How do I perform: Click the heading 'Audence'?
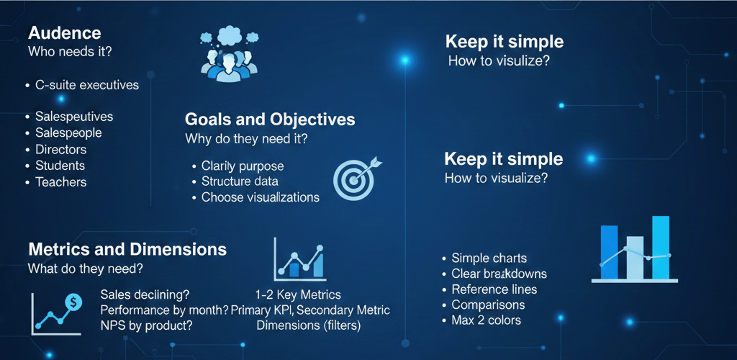coord(64,33)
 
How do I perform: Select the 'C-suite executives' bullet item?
coord(86,85)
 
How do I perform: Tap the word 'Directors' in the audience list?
coord(61,150)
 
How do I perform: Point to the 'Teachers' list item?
coord(61,182)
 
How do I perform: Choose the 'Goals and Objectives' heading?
coord(270,120)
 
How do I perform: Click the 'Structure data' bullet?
coord(240,181)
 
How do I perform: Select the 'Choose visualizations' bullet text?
coord(260,197)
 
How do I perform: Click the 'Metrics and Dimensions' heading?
coord(127,250)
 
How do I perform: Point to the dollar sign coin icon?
coord(73,302)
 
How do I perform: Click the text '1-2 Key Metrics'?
coord(298,294)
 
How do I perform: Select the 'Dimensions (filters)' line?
coord(309,325)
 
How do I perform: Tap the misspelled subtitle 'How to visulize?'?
coord(499,61)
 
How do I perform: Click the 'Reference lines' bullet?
coord(494,289)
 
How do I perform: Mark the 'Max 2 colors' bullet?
coord(486,320)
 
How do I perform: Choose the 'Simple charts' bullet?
coord(489,258)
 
